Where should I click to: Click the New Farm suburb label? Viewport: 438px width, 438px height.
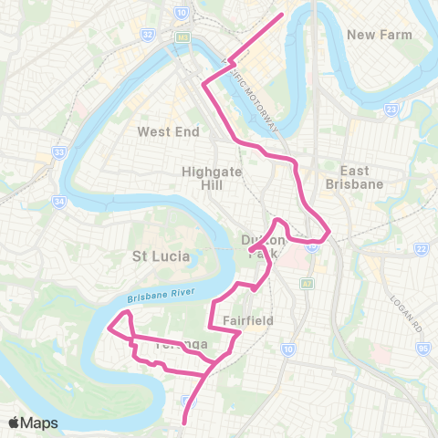(380, 35)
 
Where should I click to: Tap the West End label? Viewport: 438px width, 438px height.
(168, 131)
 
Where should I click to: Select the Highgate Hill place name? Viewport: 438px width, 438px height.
(208, 177)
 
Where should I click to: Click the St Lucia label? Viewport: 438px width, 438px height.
(162, 256)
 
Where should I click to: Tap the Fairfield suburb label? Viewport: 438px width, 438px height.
(248, 320)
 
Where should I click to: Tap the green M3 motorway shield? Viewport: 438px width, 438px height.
(182, 36)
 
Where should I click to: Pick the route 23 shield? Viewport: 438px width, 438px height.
(391, 109)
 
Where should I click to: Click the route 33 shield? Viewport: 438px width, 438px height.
(59, 152)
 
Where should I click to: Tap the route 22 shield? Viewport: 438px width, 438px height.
(421, 248)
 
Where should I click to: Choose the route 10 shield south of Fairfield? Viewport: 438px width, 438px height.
(287, 349)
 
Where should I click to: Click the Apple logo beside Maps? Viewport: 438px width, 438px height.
(15, 422)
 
